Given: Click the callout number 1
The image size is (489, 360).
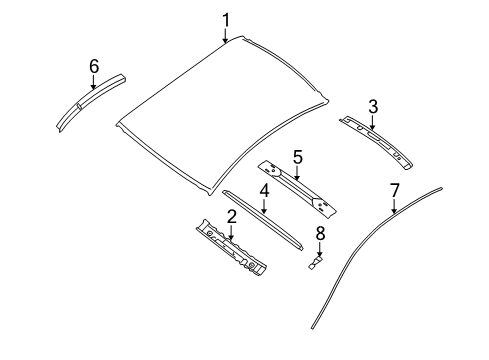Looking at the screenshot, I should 226,19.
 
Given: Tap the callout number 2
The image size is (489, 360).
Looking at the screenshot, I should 231,217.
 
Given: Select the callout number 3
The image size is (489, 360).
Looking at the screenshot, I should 373,105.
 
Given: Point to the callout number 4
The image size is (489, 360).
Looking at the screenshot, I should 264,190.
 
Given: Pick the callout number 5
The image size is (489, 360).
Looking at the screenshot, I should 297,156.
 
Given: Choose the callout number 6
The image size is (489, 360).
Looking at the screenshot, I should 94,66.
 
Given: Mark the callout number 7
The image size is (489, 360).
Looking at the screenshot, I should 394,190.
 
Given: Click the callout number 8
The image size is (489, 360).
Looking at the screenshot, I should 320,234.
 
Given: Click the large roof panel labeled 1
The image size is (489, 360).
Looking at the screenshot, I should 220,110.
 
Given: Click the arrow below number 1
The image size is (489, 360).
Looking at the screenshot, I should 226,37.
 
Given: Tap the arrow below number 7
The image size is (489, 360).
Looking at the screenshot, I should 394,207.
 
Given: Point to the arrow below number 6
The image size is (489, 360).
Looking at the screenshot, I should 94,83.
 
